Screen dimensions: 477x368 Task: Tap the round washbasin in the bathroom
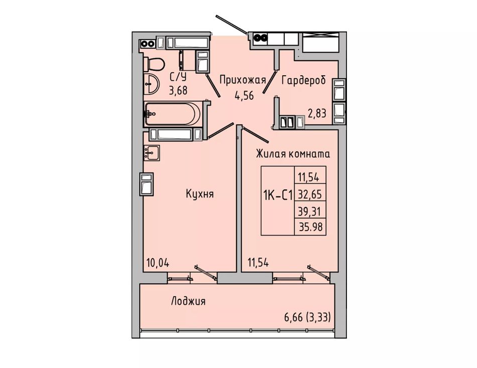[x=151, y=84]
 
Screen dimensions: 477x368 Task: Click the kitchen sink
[x=152, y=152]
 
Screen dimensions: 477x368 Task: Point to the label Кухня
[x=200, y=194]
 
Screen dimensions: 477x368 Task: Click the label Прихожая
[x=243, y=80]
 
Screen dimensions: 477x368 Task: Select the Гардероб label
[x=304, y=81]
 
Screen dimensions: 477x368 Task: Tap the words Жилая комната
[x=293, y=154]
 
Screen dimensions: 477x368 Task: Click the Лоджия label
[x=188, y=301]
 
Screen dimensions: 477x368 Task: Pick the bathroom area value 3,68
[x=178, y=91]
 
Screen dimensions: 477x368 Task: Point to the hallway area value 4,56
[x=244, y=95]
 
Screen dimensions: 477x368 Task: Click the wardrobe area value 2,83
[x=317, y=114]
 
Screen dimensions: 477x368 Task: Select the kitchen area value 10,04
[x=158, y=263]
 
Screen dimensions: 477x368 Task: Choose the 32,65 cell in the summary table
[x=310, y=194]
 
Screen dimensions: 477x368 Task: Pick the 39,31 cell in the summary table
[x=310, y=210]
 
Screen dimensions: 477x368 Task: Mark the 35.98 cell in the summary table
[x=310, y=227]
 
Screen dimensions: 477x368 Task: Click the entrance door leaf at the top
[x=231, y=24]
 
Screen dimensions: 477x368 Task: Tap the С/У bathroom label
[x=178, y=77]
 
